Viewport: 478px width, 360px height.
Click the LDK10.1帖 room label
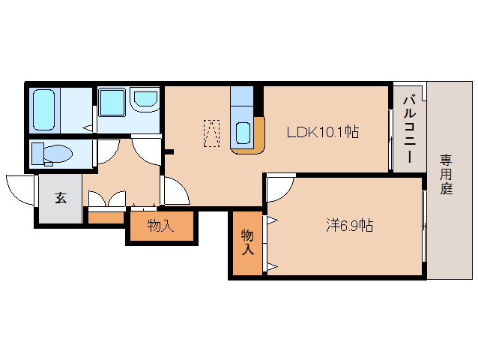pos(323,132)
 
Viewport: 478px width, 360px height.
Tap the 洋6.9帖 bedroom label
pos(349,226)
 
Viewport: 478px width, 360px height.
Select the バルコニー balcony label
pos(409,129)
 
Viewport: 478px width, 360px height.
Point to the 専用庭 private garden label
pos(446,175)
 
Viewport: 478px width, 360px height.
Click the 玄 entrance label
pos(61,198)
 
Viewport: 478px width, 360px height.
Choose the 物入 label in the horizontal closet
pos(160,226)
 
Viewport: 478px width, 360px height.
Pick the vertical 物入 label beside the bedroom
pos(247,242)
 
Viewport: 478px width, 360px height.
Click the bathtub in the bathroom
pos(43,109)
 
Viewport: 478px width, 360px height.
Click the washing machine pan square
pos(112,103)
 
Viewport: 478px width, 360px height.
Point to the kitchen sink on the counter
pos(243,133)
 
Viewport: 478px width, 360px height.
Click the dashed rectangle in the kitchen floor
pos(211,133)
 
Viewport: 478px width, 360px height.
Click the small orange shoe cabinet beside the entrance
pos(106,217)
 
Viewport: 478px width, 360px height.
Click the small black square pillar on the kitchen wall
pos(169,151)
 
